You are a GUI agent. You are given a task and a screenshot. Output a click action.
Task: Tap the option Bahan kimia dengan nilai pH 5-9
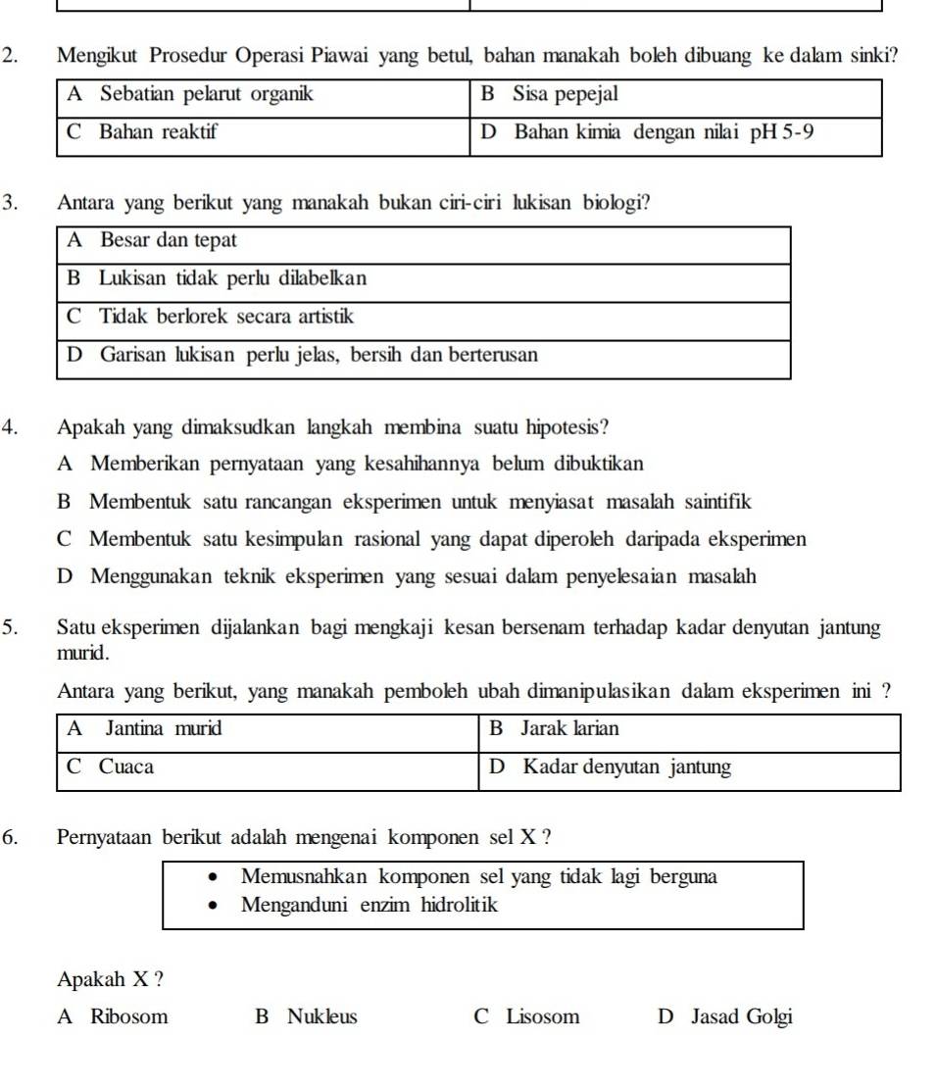pyautogui.click(x=647, y=132)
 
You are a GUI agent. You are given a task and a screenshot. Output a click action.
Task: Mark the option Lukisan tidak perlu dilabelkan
pyautogui.click(x=217, y=278)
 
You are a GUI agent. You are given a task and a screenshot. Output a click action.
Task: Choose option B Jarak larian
pyautogui.click(x=554, y=728)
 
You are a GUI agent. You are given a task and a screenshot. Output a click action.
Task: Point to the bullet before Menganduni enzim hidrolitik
pyautogui.click(x=213, y=907)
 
